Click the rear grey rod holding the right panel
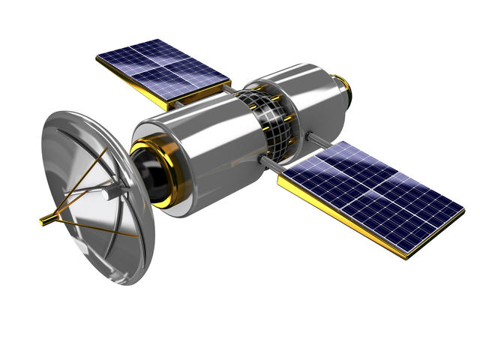pyautogui.click(x=319, y=140)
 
